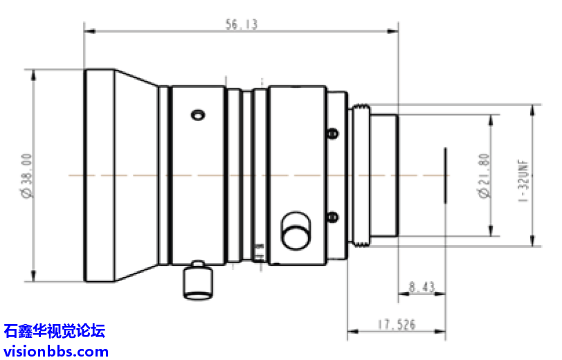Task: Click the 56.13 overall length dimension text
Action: tap(241, 24)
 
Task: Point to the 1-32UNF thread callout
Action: tap(523, 176)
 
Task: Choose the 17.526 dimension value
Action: tap(395, 323)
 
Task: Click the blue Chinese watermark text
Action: tap(55, 331)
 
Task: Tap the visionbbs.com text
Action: tap(56, 350)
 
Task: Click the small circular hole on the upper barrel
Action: tap(198, 114)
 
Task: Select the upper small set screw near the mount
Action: tap(332, 133)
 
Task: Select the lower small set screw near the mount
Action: tap(332, 217)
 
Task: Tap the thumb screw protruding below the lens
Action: tap(197, 281)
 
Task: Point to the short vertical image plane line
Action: tap(446, 176)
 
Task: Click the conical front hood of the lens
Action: tap(136, 176)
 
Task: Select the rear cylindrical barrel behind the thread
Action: tap(384, 176)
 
